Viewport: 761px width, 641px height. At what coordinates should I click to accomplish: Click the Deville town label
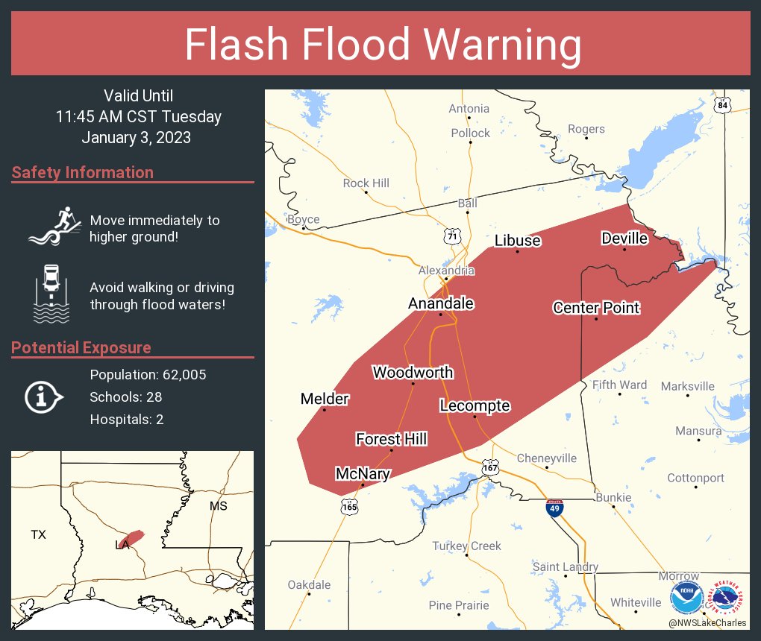click(624, 239)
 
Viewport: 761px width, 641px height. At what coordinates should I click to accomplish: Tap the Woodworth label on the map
click(413, 373)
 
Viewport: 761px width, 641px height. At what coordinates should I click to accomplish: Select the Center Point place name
click(596, 308)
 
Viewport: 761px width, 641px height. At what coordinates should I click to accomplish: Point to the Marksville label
click(687, 386)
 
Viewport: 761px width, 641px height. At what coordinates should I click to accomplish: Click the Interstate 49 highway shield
click(554, 509)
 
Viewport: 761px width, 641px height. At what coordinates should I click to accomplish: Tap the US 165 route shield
click(349, 507)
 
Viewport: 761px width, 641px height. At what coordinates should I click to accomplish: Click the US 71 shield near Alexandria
click(451, 236)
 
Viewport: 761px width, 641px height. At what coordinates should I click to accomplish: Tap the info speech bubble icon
click(43, 397)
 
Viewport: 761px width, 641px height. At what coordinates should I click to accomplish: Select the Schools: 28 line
click(126, 397)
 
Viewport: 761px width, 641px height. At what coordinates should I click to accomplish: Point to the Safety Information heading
click(83, 173)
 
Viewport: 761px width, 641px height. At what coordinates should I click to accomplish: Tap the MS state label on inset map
click(217, 506)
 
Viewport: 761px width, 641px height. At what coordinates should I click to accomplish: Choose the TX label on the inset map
click(38, 534)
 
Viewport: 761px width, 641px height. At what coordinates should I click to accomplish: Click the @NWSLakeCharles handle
click(707, 622)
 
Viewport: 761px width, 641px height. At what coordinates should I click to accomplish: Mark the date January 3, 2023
click(137, 137)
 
